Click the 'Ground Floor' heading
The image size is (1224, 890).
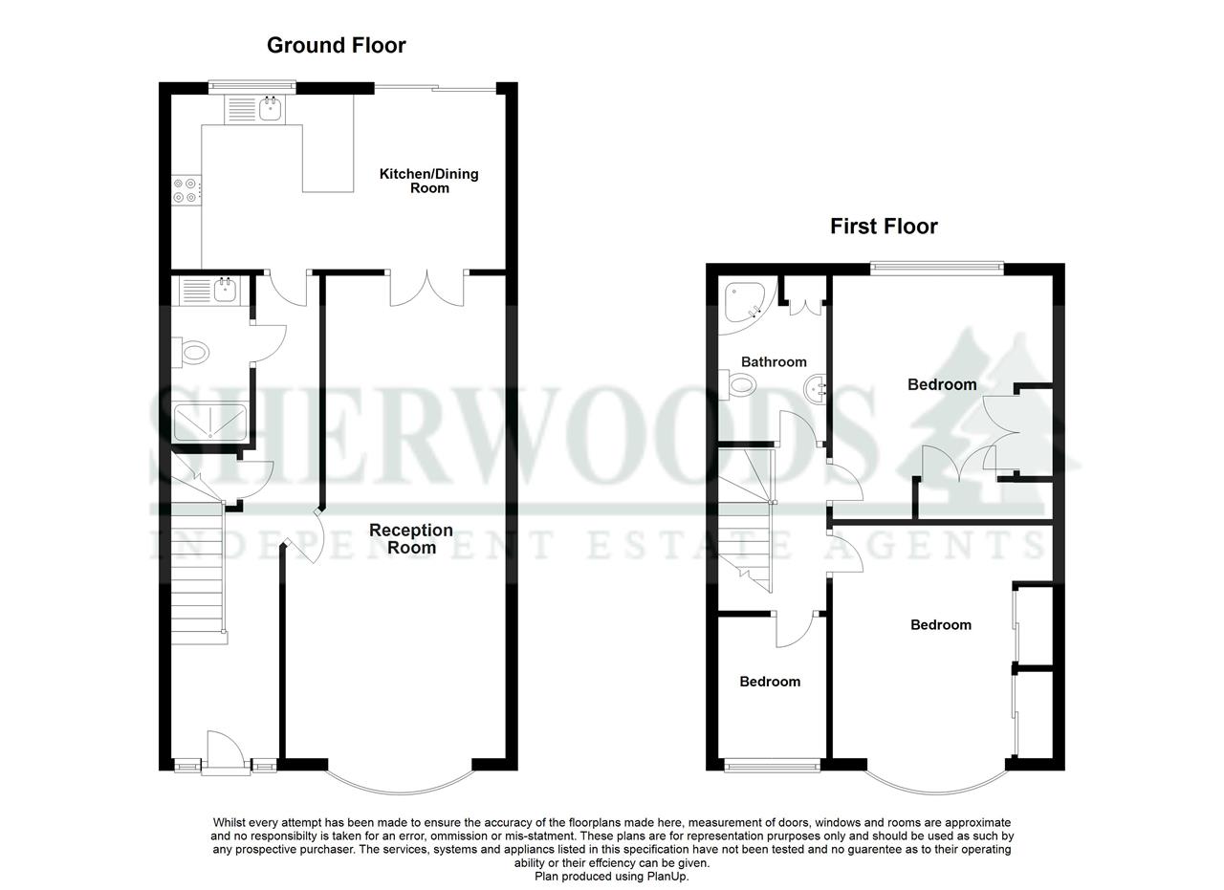tap(336, 45)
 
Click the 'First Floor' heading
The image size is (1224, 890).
tap(884, 226)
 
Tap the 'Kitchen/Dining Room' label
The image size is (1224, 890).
tap(428, 181)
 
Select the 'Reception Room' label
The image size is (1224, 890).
tap(411, 538)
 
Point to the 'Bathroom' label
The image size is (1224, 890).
tap(774, 361)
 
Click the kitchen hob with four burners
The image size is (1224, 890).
tap(186, 190)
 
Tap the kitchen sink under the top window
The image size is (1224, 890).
tap(270, 110)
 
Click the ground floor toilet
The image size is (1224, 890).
tap(192, 353)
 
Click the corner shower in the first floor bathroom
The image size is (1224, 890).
tap(744, 299)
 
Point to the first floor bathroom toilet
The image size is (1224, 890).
tap(740, 385)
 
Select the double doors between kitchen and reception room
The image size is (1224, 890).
tap(426, 287)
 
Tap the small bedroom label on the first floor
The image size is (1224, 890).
tap(770, 682)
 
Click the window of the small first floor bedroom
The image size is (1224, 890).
tap(772, 764)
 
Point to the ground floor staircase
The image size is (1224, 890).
tap(198, 574)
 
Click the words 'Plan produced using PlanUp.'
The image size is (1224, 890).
tap(611, 876)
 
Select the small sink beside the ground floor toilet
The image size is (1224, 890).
tap(226, 290)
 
